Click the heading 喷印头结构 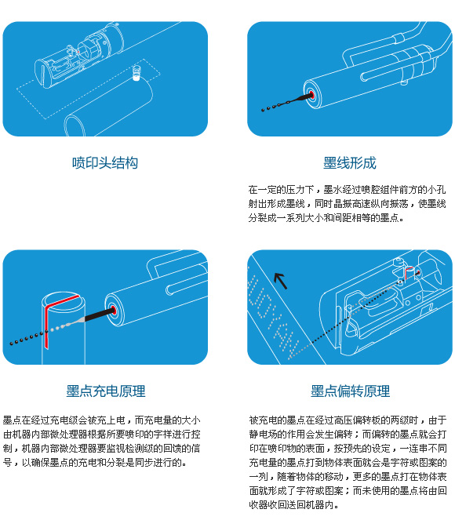click(105, 163)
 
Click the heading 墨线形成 click(350, 163)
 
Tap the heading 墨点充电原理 click(106, 391)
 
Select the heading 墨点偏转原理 click(351, 391)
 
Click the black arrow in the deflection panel click(281, 281)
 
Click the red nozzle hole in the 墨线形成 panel click(311, 95)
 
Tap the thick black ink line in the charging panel click(99, 315)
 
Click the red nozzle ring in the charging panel click(113, 310)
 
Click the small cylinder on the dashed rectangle click(136, 73)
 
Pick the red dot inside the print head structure click(78, 52)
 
